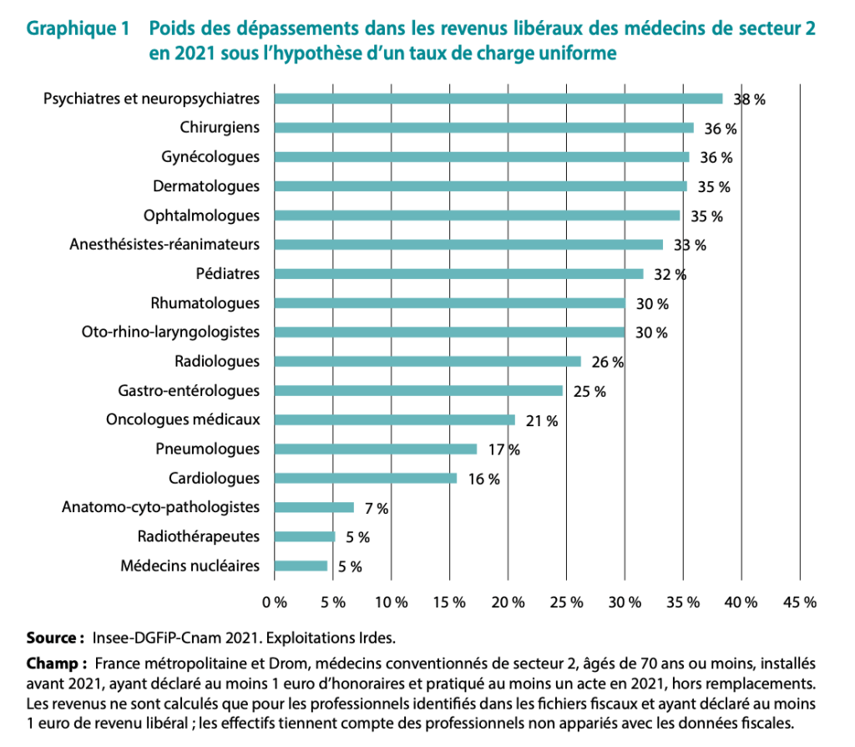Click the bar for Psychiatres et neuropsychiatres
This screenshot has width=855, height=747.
tap(498, 99)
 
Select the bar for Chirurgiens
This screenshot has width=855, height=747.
tap(483, 128)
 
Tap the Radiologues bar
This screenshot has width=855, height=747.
tap(427, 361)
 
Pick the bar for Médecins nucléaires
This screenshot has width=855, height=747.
tap(301, 566)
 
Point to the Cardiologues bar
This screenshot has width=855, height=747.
tap(366, 478)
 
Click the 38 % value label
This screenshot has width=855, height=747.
tap(749, 99)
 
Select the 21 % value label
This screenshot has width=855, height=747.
tap(541, 420)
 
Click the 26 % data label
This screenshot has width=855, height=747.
tap(607, 362)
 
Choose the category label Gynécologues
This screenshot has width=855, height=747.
tap(210, 157)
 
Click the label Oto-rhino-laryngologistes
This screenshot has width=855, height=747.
tap(170, 332)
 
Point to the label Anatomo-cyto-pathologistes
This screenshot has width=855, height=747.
tap(161, 507)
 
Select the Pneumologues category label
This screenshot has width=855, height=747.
tap(208, 449)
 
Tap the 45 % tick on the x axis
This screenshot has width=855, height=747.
tap(799, 601)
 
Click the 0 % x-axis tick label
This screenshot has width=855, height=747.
tap(275, 601)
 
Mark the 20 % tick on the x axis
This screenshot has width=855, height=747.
tap(508, 601)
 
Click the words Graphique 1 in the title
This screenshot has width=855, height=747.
tap(78, 29)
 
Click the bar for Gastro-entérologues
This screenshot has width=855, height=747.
tap(418, 390)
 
